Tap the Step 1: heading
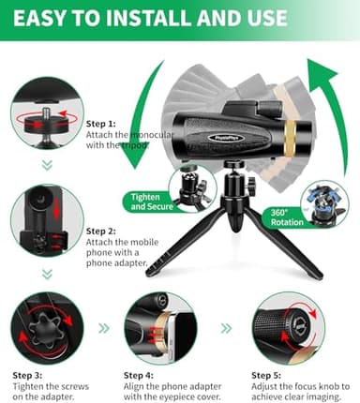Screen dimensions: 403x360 coord(101,123)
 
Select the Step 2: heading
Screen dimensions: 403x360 coord(101,231)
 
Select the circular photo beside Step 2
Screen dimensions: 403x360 coord(47,222)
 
